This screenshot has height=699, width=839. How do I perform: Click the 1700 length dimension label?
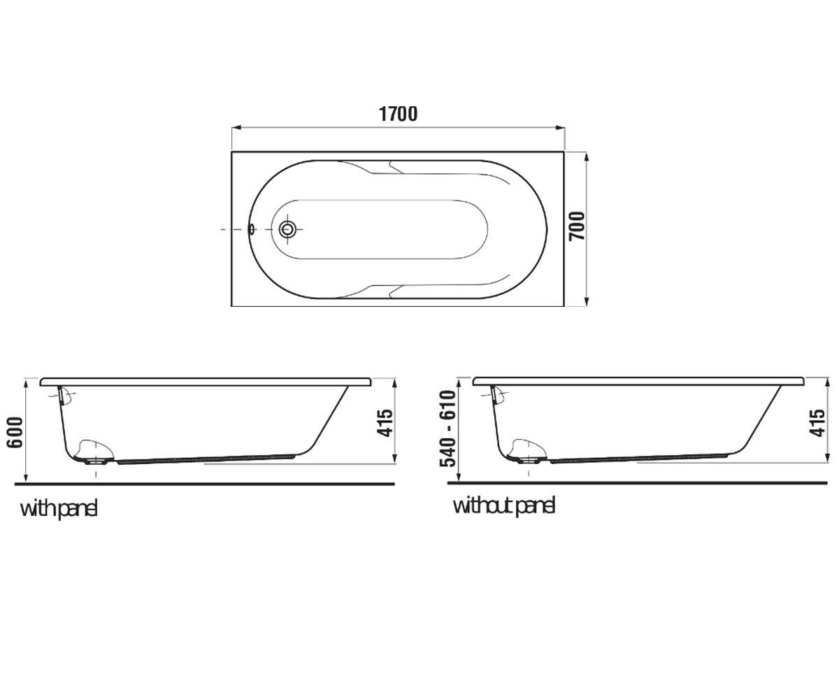click(x=399, y=114)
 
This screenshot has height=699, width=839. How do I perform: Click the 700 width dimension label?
click(x=577, y=226)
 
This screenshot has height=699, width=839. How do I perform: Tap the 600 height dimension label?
click(x=15, y=432)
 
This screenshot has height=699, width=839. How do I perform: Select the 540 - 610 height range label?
click(x=447, y=428)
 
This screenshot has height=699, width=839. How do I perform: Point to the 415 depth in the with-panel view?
click(x=385, y=423)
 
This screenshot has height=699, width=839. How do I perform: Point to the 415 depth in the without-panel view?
click(x=817, y=423)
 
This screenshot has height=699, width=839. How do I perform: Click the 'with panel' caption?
click(x=59, y=510)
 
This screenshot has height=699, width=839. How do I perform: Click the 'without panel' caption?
click(x=504, y=506)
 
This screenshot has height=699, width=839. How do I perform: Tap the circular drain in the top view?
click(x=287, y=229)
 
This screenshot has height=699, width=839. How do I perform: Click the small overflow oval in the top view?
click(x=252, y=229)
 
